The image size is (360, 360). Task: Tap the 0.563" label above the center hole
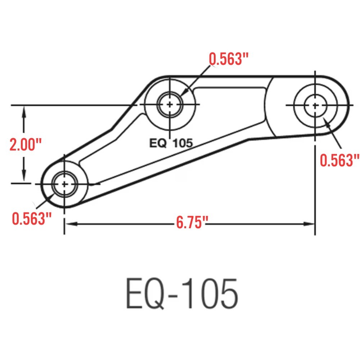(229, 59)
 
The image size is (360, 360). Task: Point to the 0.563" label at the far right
(340, 161)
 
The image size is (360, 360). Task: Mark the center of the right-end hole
(315, 105)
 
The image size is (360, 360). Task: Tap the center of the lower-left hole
(64, 184)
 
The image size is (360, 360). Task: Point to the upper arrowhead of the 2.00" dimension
(24, 110)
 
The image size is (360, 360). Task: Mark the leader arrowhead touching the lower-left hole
(54, 193)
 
